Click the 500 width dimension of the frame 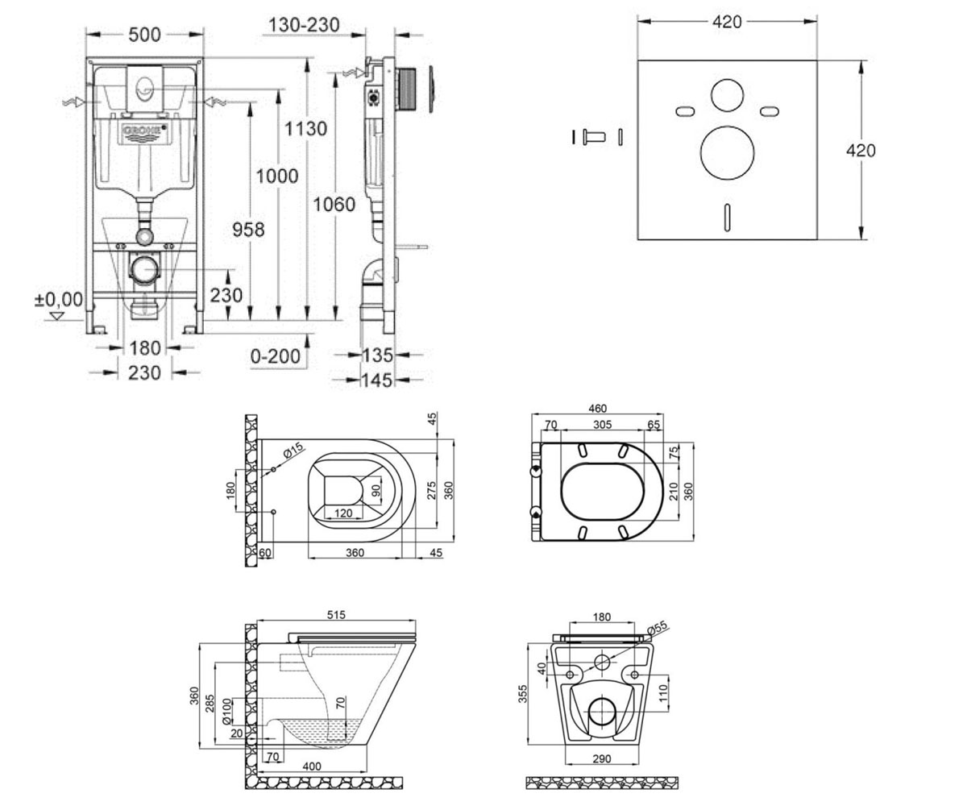coord(144,35)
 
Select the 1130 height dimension coord(305,128)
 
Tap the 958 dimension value coord(248,229)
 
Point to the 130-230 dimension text coord(304,24)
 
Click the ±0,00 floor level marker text coord(59,299)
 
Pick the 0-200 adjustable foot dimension coord(275,356)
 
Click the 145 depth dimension coord(377,380)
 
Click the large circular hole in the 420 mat coord(727,153)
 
